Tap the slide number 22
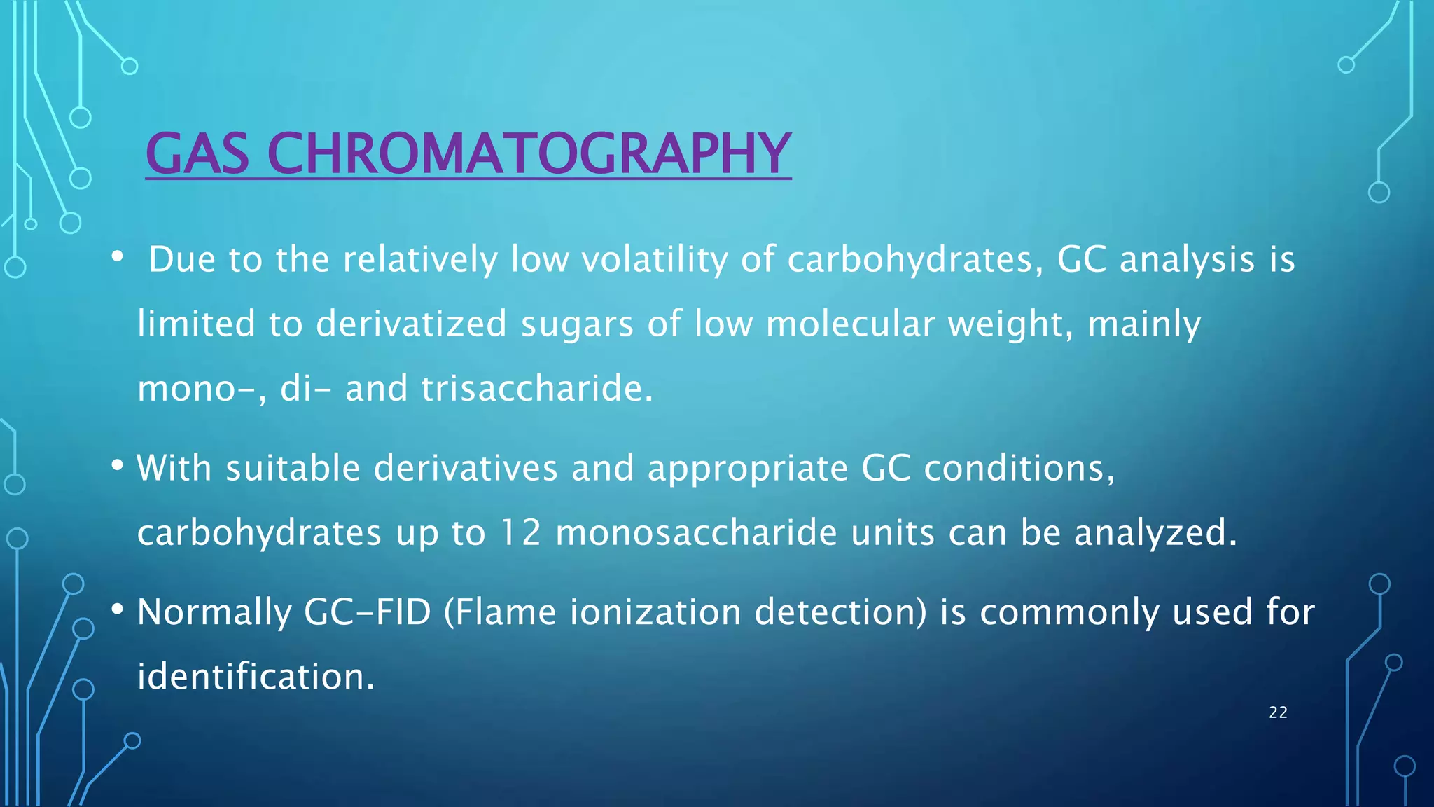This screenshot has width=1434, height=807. [1278, 712]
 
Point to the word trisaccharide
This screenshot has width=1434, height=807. [536, 389]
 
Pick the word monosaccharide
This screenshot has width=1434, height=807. [696, 532]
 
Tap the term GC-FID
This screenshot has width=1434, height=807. [367, 612]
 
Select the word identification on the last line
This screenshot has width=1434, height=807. [256, 677]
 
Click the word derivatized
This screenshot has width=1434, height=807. [411, 324]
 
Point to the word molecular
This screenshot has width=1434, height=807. [850, 324]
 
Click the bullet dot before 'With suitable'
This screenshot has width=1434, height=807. [118, 466]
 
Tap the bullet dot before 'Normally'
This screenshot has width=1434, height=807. [118, 610]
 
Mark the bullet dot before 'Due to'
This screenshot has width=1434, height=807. [118, 258]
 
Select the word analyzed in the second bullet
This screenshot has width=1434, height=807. [1155, 532]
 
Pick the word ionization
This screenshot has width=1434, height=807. [655, 612]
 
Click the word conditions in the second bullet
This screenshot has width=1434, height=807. [1019, 468]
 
